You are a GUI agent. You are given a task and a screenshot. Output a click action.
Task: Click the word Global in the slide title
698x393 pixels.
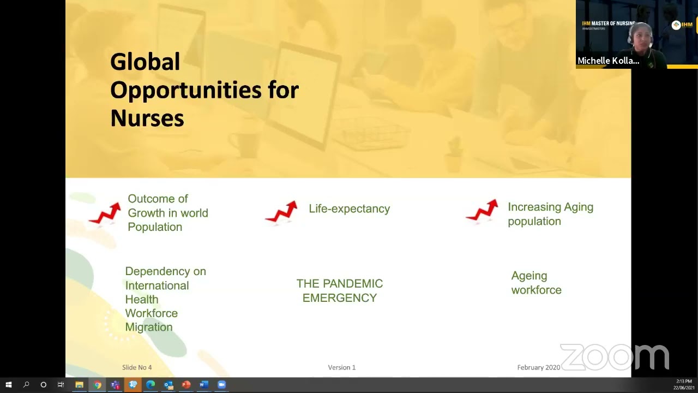tap(145, 62)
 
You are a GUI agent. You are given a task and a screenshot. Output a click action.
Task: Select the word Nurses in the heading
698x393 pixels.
tap(147, 118)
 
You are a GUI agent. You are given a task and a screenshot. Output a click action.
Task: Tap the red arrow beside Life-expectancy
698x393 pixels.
tap(282, 212)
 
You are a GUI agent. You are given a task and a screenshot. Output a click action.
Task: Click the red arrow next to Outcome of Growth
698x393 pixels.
tap(105, 213)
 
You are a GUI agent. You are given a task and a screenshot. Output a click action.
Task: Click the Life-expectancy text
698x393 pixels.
tap(349, 209)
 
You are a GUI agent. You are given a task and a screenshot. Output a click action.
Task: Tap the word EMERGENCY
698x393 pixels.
tap(339, 298)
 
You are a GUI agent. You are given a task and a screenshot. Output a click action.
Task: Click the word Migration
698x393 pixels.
tap(148, 327)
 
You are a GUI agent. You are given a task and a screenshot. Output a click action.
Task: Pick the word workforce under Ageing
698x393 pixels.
tap(536, 290)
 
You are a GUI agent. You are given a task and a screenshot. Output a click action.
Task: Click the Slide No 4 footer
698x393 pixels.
tap(137, 367)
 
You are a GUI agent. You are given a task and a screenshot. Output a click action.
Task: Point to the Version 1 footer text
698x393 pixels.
tap(341, 367)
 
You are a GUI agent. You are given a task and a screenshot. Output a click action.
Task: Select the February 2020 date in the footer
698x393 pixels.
tap(538, 367)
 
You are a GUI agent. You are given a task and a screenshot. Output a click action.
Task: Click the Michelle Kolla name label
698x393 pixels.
tap(608, 61)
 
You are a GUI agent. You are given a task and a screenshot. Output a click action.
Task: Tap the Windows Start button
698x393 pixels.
tap(8, 385)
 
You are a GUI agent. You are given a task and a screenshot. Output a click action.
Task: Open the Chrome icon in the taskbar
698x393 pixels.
tap(97, 385)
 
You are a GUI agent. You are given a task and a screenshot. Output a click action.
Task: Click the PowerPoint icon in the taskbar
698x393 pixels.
tap(186, 385)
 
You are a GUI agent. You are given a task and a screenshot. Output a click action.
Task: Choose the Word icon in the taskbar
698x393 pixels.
tap(203, 385)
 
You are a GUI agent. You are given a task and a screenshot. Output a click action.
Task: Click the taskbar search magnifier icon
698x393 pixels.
tap(26, 385)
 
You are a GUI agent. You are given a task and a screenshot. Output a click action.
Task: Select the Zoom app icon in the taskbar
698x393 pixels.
tap(221, 385)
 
